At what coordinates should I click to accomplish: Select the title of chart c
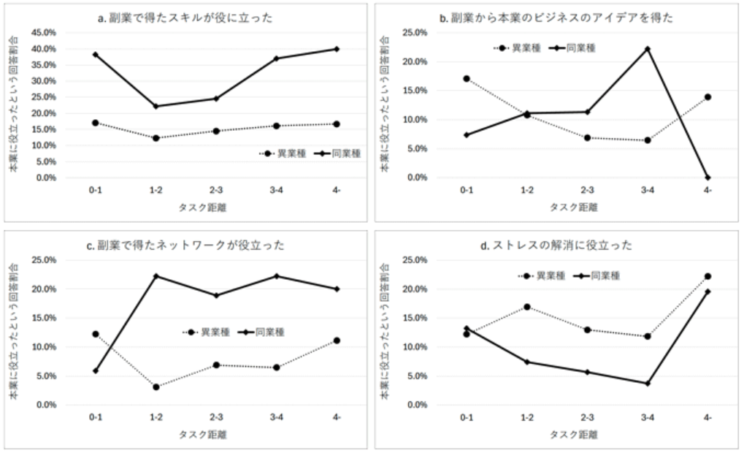point(188,245)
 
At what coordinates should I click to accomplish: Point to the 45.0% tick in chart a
point(43,33)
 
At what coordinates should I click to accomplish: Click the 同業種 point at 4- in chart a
point(337,49)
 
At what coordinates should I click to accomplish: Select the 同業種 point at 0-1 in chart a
point(96,55)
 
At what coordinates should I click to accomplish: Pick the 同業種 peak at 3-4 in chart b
point(647,49)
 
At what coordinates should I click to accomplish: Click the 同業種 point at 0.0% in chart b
point(707,178)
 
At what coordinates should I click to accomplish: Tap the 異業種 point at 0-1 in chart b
point(467,78)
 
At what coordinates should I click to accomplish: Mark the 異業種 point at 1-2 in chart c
point(156,387)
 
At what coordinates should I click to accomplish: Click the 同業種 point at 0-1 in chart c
point(96,370)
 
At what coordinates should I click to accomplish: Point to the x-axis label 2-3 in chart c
point(216,417)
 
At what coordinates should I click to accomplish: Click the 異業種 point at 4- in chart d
point(707,276)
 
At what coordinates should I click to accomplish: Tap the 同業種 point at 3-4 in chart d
point(647,383)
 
